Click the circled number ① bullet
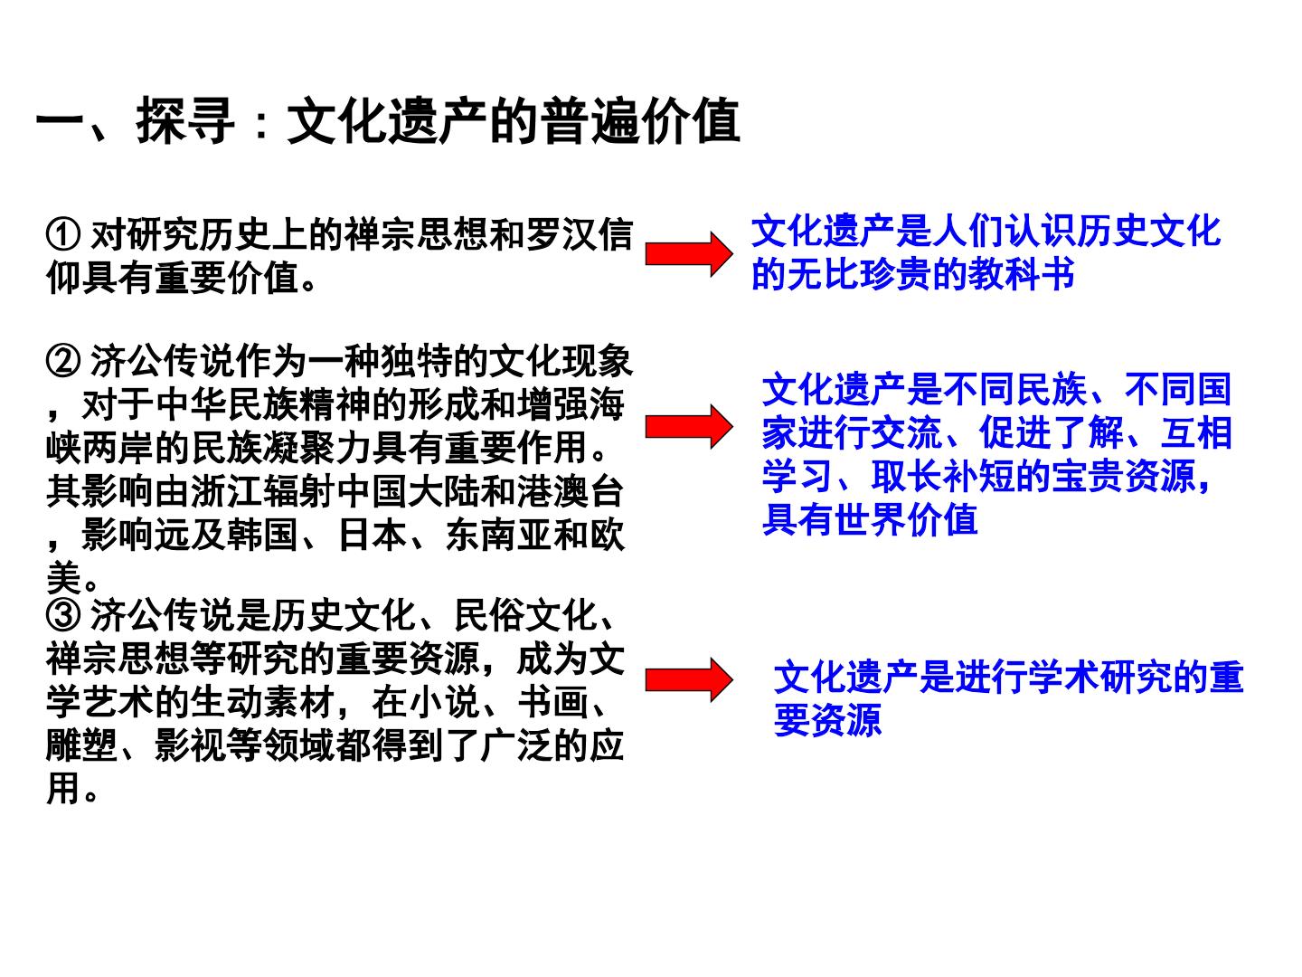[63, 234]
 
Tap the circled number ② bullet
[63, 361]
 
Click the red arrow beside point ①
[689, 254]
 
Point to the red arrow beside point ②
[689, 426]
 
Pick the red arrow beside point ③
[689, 679]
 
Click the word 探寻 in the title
[185, 121]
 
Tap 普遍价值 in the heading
[641, 121]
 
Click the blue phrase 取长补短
[942, 477]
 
